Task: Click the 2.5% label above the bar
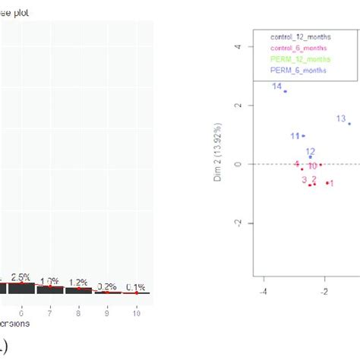(x=21, y=277)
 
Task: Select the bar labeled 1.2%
(x=78, y=290)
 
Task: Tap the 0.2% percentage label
(x=107, y=286)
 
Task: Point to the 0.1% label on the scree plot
(x=137, y=286)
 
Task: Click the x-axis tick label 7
(x=50, y=312)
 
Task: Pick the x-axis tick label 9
(x=108, y=312)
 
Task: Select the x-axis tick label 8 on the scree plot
(x=79, y=312)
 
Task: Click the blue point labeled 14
(x=286, y=91)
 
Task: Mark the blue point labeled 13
(x=350, y=123)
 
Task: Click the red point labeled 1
(x=327, y=182)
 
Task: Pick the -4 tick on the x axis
(x=264, y=290)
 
